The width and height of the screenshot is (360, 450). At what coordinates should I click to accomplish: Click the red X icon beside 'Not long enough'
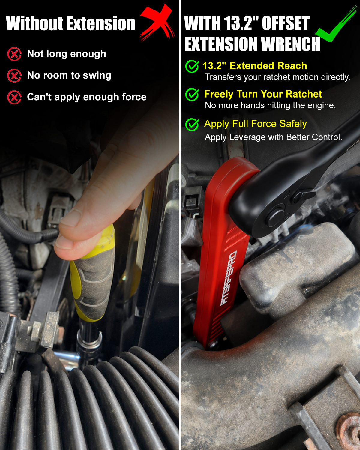[x=14, y=54]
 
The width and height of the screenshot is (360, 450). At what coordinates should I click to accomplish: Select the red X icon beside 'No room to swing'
[x=14, y=76]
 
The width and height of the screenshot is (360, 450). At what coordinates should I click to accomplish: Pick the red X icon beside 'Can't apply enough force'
[x=14, y=97]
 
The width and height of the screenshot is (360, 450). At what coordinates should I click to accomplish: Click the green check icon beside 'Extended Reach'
[x=192, y=66]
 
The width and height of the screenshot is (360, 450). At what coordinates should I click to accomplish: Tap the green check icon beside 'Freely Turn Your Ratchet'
[x=192, y=94]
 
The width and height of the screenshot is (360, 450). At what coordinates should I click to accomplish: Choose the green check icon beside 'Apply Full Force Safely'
[x=192, y=124]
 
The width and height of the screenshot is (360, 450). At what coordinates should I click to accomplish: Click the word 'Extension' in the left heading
[x=102, y=24]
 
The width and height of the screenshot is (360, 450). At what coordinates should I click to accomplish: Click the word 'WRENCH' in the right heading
[x=291, y=44]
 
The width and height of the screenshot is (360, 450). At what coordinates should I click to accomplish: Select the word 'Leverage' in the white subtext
[x=247, y=137]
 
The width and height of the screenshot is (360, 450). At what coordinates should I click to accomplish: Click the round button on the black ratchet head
[x=275, y=218]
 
